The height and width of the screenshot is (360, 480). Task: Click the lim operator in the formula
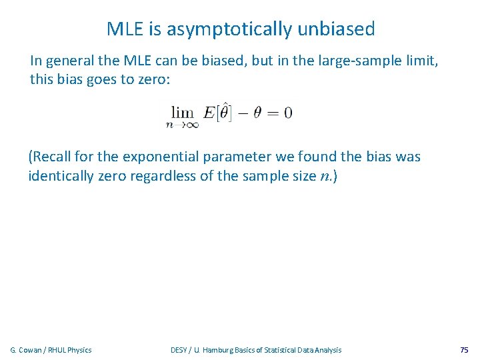click(182, 111)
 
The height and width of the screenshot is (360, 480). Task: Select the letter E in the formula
click(209, 112)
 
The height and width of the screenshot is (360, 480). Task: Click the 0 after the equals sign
click(288, 112)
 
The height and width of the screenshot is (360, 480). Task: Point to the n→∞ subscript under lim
click(182, 123)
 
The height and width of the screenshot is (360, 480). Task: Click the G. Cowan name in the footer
click(27, 350)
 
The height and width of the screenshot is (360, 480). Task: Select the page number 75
click(464, 350)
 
